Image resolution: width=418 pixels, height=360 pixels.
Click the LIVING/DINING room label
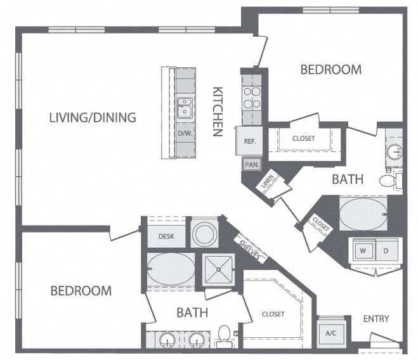(93, 117)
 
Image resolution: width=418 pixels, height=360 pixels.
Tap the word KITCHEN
(217, 112)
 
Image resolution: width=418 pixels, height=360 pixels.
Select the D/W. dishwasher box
(185, 134)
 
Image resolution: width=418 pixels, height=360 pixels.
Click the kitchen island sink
(185, 108)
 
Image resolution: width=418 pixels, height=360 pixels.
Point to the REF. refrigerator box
(249, 141)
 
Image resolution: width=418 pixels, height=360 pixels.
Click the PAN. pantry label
(250, 164)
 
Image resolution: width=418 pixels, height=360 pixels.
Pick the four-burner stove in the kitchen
(251, 96)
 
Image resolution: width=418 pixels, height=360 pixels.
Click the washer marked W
(363, 249)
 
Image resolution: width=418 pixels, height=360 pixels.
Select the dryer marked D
(386, 249)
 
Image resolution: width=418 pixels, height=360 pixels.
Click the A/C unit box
(330, 332)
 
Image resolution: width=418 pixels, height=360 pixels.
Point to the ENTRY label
(376, 318)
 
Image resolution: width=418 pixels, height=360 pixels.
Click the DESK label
(167, 236)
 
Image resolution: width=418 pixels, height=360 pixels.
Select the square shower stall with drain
(219, 269)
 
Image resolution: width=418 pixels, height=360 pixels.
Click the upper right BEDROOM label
(330, 70)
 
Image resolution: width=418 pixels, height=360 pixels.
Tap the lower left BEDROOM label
(81, 291)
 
